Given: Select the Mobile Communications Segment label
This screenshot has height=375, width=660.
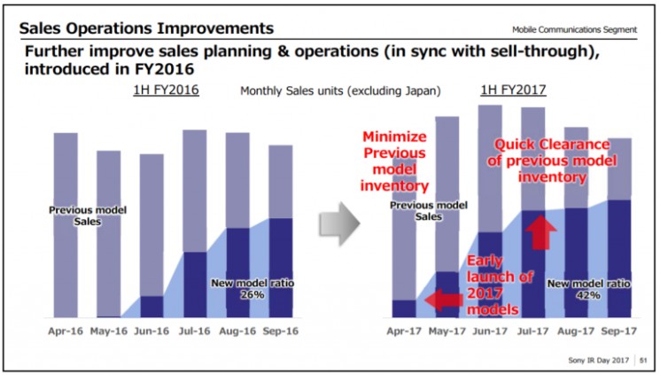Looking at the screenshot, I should coord(580,29).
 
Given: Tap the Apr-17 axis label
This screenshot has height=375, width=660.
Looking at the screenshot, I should coord(403,335).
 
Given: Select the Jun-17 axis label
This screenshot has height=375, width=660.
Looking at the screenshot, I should coord(491,335).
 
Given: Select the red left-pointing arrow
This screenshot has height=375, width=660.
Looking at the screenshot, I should coord(444,301).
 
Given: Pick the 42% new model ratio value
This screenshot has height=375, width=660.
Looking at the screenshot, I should coord(588,295).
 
